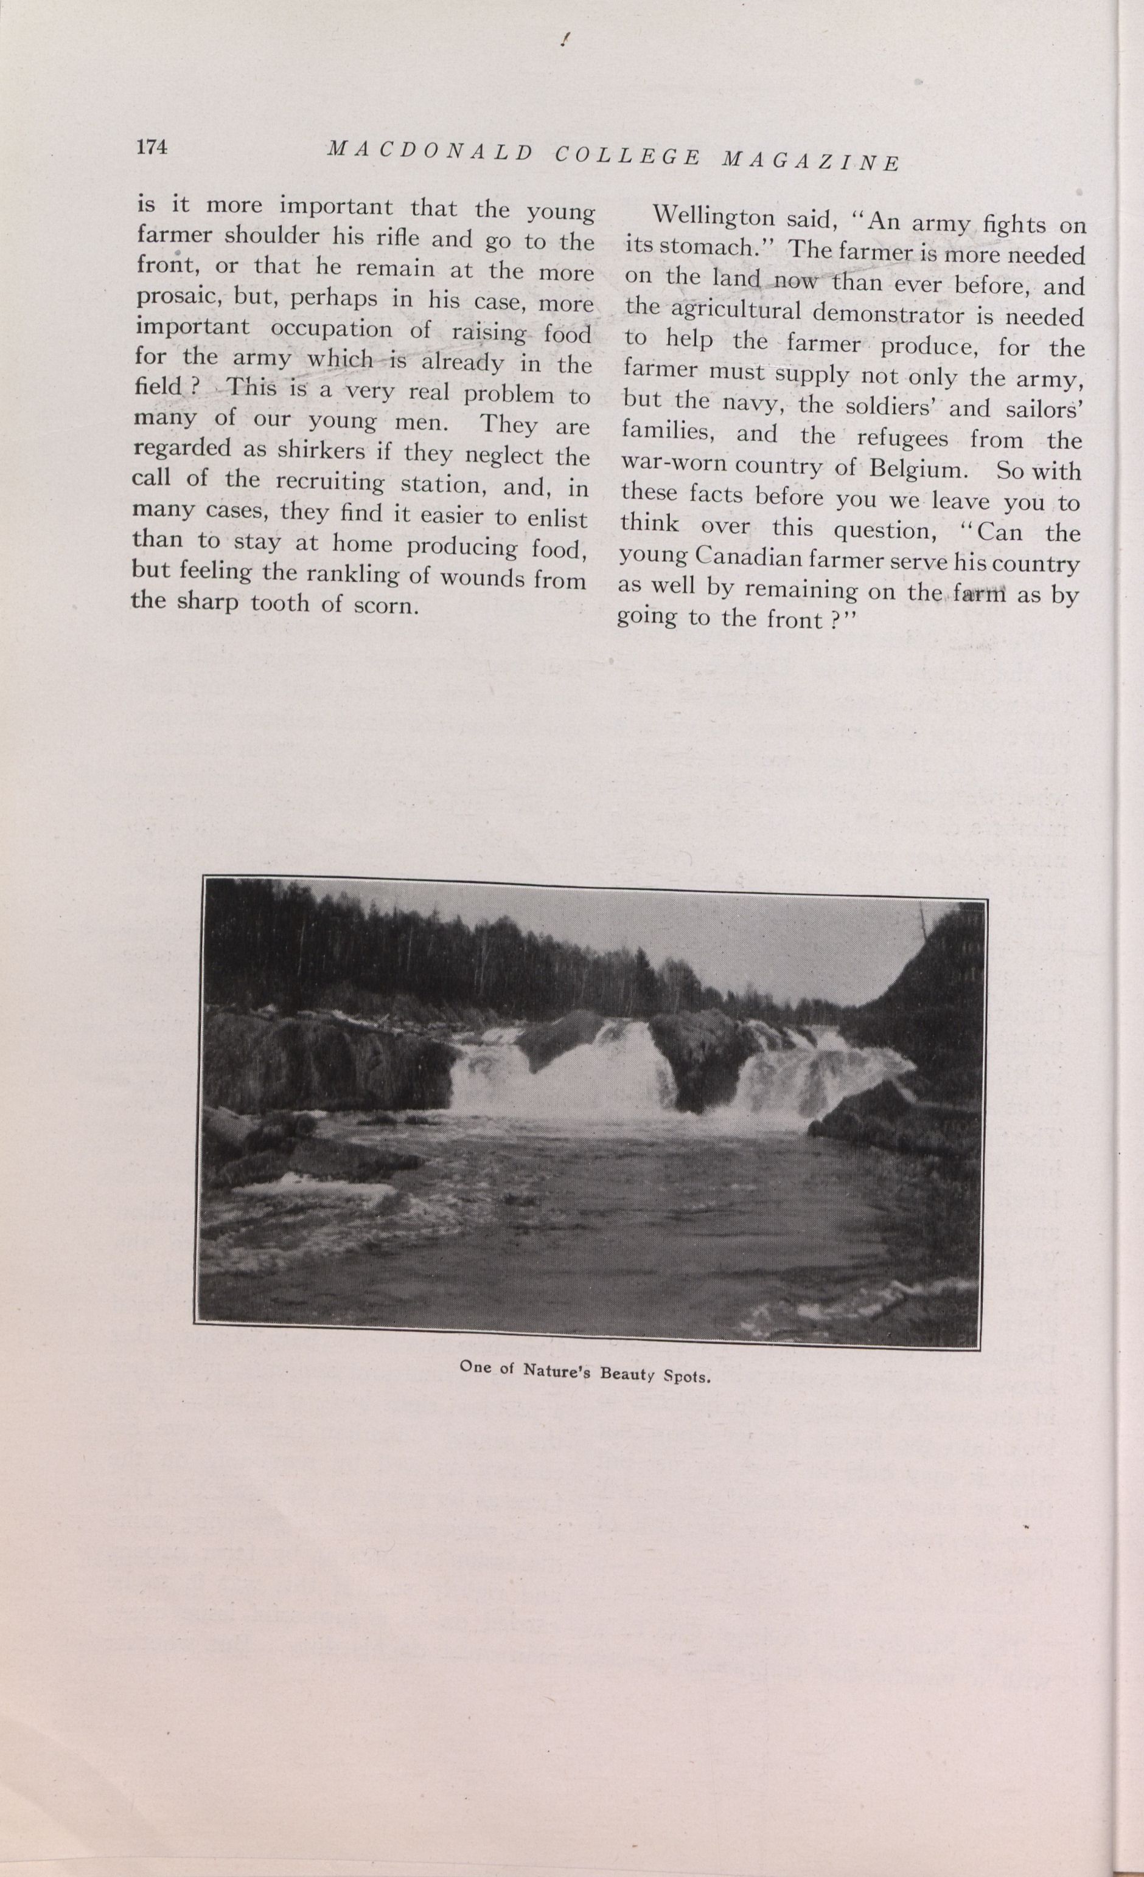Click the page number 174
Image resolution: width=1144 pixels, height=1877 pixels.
152,147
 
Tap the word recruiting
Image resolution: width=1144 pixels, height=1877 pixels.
330,482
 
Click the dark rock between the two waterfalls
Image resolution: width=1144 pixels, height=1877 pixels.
701,1059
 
